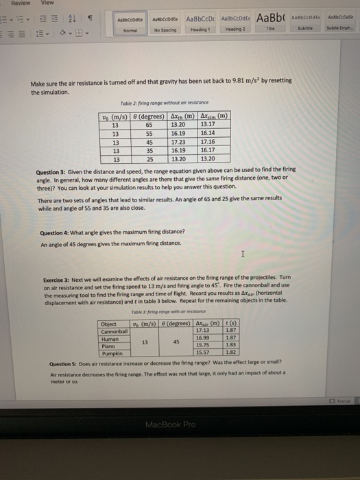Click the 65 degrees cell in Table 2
pos(149,125)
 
